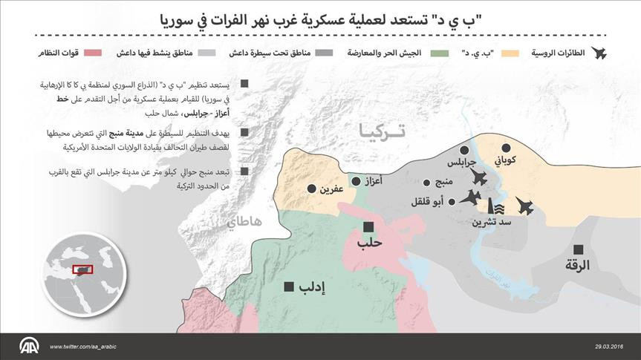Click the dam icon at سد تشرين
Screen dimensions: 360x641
click(x=491, y=207)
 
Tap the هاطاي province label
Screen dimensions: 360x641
click(x=245, y=220)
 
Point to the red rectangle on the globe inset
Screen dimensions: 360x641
click(x=81, y=269)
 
